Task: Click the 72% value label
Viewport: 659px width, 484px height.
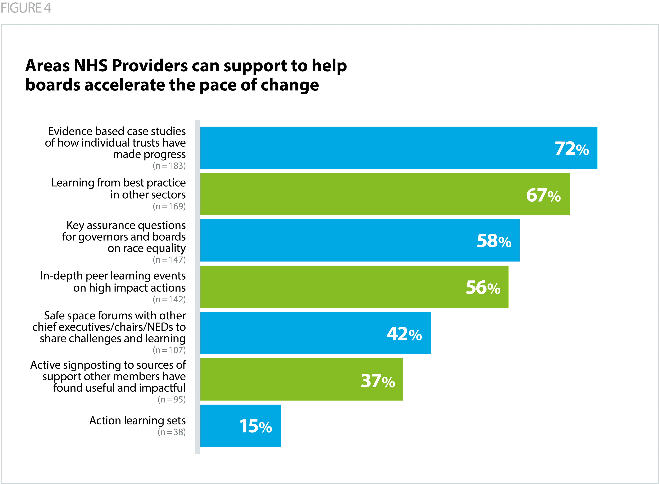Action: [x=571, y=148]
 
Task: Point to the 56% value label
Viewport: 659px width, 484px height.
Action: [x=483, y=287]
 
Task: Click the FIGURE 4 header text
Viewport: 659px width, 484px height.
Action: [x=26, y=8]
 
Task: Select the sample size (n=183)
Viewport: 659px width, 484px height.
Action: [x=169, y=166]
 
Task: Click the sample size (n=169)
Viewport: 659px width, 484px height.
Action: [x=169, y=206]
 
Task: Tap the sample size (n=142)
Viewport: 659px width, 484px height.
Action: [x=169, y=299]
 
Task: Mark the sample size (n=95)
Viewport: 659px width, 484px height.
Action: [x=172, y=399]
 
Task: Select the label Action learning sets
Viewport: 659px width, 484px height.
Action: [x=137, y=420]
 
